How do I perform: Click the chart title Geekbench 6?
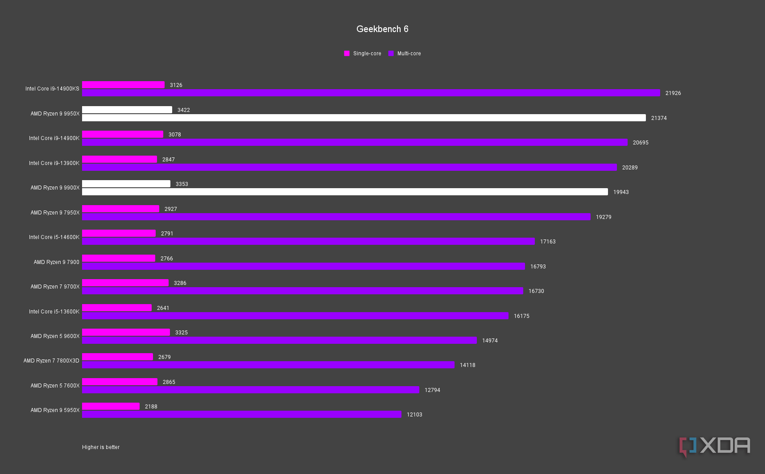382,29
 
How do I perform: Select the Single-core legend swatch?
347,54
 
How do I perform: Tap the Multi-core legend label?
409,54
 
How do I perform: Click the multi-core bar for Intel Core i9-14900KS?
371,93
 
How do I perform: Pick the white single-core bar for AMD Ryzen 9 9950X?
127,110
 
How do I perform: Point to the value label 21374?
659,118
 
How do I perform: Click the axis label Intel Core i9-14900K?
54,138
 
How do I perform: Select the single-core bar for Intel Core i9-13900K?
120,159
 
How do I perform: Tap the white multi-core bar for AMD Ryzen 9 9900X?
345,192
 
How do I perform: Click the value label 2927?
170,209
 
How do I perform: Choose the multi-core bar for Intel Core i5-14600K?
308,241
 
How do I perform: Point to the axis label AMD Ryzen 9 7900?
56,262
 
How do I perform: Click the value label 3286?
180,283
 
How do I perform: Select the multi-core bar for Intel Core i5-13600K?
295,316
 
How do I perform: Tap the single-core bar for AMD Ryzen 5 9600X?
126,332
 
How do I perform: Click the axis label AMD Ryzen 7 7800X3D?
51,361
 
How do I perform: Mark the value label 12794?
432,390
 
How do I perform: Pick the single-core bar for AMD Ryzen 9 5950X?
111,406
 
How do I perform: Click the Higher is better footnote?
101,447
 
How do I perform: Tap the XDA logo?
715,446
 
